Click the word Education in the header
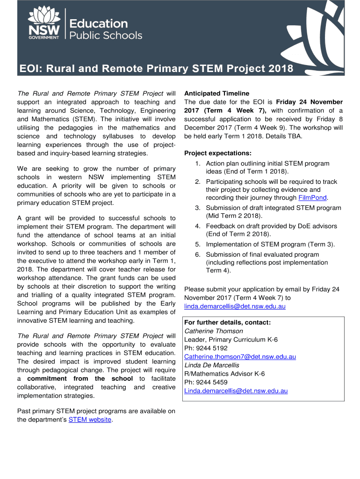(98, 23)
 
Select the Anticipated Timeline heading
(216, 93)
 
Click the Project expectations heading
(218, 153)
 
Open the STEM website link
(90, 420)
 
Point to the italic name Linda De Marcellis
(212, 365)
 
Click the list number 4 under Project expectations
(198, 226)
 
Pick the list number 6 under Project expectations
(198, 254)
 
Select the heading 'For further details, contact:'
(228, 322)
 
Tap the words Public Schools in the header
(106, 36)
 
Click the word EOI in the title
(29, 69)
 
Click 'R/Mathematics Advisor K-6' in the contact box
(224, 374)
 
